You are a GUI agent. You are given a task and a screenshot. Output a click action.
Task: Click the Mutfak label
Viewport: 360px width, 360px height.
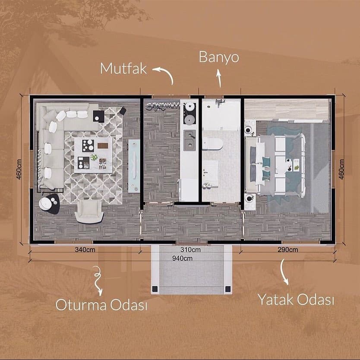(123, 69)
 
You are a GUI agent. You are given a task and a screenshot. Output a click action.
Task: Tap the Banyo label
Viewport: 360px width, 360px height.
(219, 57)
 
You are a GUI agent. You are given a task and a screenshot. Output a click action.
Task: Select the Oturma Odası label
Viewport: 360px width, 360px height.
(101, 305)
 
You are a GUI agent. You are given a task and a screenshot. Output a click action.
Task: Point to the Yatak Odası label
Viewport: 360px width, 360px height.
(296, 300)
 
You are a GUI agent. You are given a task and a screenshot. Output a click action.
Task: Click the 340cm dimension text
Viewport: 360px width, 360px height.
(85, 249)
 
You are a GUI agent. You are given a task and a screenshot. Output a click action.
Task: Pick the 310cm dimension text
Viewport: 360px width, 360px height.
(190, 249)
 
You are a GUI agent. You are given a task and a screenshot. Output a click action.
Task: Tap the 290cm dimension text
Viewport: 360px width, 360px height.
(287, 249)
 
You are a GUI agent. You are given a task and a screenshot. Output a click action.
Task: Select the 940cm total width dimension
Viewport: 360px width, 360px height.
(182, 258)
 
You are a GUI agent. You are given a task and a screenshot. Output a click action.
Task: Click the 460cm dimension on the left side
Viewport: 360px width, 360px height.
(19, 169)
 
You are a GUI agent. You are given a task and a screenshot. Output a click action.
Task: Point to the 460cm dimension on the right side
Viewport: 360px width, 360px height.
(341, 169)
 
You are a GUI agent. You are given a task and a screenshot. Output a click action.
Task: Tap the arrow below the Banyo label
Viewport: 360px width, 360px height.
(219, 79)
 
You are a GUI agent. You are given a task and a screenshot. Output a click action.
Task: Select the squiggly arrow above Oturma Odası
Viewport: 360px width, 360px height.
(98, 281)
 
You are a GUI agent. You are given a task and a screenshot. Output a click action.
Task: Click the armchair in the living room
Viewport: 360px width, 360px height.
(89, 212)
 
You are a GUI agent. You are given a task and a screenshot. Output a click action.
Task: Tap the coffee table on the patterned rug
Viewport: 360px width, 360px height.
(93, 155)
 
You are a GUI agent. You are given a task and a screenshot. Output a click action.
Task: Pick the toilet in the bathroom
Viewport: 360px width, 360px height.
(212, 144)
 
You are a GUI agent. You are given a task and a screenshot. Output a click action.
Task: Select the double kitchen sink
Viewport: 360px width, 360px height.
(189, 140)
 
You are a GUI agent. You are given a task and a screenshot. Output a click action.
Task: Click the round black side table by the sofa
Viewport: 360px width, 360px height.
(49, 204)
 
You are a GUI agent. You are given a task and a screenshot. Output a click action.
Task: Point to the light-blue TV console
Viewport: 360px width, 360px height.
(134, 166)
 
